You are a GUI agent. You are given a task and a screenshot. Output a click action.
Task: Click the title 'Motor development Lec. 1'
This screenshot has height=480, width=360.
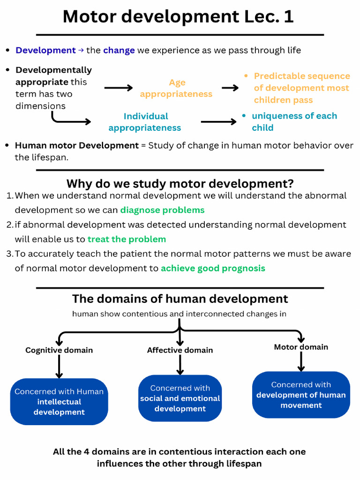pyautogui.click(x=178, y=16)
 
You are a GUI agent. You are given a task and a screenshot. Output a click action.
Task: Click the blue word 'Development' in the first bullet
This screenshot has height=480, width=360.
pyautogui.click(x=45, y=50)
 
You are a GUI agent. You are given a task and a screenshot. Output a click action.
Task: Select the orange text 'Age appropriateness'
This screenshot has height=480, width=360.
pyautogui.click(x=176, y=88)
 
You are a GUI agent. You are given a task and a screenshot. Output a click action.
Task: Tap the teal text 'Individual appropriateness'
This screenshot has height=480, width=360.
pyautogui.click(x=145, y=122)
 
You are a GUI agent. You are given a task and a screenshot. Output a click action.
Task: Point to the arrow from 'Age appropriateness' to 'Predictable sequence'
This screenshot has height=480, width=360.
pyautogui.click(x=230, y=88)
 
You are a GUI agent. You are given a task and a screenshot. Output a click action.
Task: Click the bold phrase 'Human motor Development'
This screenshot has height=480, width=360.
pyautogui.click(x=77, y=145)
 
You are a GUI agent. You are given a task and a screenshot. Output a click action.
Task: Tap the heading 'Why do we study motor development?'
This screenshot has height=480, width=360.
pyautogui.click(x=180, y=184)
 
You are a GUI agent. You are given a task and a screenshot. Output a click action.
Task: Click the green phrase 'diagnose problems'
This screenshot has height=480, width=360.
pyautogui.click(x=162, y=210)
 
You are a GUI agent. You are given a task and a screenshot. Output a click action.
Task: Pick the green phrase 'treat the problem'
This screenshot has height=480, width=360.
pyautogui.click(x=127, y=239)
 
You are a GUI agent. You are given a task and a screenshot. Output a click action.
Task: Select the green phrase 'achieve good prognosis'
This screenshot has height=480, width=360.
pyautogui.click(x=213, y=269)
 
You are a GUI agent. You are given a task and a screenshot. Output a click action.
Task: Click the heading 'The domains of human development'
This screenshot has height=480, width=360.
pyautogui.click(x=180, y=299)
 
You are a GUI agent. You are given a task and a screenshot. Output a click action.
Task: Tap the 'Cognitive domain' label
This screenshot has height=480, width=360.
pyautogui.click(x=59, y=350)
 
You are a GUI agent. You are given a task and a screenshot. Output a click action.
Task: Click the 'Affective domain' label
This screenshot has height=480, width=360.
pyautogui.click(x=180, y=350)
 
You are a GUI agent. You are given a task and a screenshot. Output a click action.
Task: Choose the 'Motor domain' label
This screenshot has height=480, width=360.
pyautogui.click(x=301, y=347)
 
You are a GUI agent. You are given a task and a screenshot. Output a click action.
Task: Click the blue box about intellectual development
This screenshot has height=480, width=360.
pyautogui.click(x=59, y=402)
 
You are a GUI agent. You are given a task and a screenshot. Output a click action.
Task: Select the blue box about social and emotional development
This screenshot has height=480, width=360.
pyautogui.click(x=180, y=398)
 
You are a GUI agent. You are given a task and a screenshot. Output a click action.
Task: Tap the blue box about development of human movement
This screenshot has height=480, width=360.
pyautogui.click(x=301, y=395)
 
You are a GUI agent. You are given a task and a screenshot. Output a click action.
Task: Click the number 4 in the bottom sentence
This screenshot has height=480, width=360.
pyautogui.click(x=86, y=452)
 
